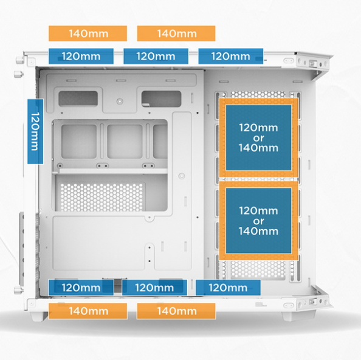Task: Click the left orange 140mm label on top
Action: (88, 33)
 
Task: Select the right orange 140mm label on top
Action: (176, 33)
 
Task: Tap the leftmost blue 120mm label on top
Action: (81, 56)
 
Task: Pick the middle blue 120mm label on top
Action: (156, 56)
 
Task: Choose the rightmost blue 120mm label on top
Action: (231, 56)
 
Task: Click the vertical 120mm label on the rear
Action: (35, 131)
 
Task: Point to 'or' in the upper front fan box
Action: (258, 138)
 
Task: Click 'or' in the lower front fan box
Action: (258, 221)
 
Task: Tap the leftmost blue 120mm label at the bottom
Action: (81, 288)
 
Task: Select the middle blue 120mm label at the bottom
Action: (154, 288)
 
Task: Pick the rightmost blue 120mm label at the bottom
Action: (228, 288)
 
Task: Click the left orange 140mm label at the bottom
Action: (88, 311)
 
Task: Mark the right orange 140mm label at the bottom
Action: (176, 311)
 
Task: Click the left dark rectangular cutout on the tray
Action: (78, 99)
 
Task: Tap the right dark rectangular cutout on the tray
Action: (162, 99)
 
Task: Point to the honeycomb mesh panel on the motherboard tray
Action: (101, 197)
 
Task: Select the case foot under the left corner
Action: (38, 316)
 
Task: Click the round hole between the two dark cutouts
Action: (120, 102)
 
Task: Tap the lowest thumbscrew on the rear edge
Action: (19, 290)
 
